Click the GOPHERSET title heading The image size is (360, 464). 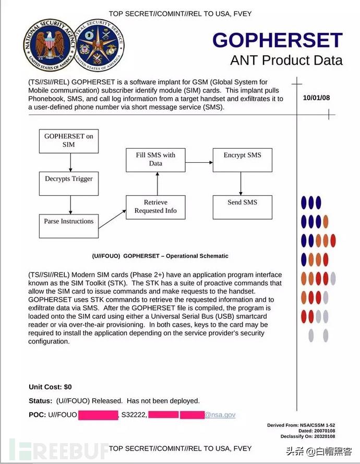point(277,40)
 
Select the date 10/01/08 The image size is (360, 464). point(316,98)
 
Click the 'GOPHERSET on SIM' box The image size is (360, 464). point(68,140)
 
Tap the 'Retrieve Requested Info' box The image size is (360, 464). point(155,207)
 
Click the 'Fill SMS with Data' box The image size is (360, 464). point(155,160)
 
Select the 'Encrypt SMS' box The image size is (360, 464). point(242,160)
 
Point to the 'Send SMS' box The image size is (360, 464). point(242,207)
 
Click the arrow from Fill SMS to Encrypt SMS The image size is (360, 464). point(199,163)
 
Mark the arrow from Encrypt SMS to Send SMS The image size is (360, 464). point(241,183)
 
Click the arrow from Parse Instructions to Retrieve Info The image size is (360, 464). point(112,219)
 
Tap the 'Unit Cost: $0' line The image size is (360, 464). point(50,387)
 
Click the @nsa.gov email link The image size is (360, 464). point(220,415)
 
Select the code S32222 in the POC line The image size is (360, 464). point(133,415)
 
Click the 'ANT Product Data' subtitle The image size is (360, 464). point(286,60)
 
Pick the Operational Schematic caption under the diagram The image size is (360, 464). point(160,256)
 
